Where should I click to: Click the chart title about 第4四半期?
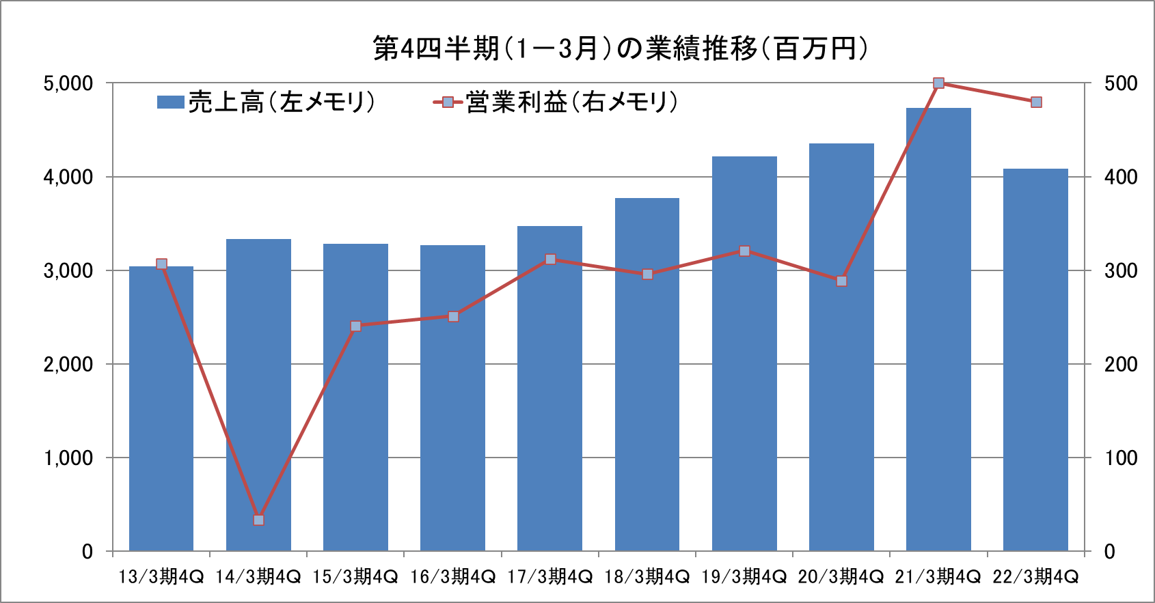[x=621, y=48]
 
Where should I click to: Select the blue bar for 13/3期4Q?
[x=161, y=410]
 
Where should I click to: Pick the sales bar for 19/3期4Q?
[x=744, y=355]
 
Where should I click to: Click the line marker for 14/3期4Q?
[x=258, y=520]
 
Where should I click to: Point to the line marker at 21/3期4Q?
[x=938, y=83]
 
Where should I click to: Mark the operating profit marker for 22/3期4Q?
[x=1036, y=102]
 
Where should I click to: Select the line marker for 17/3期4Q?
[x=550, y=260]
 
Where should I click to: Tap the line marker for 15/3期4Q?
[x=355, y=326]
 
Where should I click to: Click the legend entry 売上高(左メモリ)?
[x=267, y=102]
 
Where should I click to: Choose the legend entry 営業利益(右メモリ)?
[x=556, y=102]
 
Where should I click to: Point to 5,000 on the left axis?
[x=68, y=83]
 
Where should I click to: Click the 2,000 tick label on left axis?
[x=68, y=364]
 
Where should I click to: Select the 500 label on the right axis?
[x=1121, y=83]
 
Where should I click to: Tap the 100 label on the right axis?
[x=1121, y=458]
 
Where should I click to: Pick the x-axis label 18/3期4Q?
[x=647, y=577]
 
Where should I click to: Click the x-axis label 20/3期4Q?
[x=841, y=577]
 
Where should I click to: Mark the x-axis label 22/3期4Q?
[x=1035, y=577]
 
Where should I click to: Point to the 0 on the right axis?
[x=1110, y=551]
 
